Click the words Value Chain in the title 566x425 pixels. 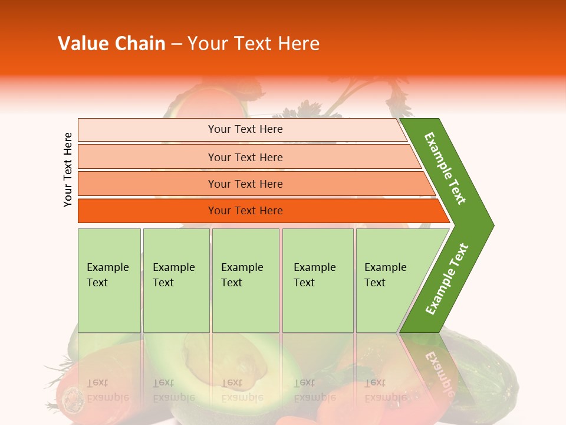click(111, 44)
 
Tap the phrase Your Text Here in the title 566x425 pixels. click(254, 44)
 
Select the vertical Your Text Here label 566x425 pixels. click(68, 170)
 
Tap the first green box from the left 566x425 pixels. click(109, 280)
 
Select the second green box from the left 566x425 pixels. click(176, 280)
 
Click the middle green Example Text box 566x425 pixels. click(245, 280)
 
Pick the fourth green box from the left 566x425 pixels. click(318, 280)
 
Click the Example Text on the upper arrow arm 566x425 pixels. click(445, 168)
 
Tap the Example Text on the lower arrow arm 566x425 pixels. click(446, 279)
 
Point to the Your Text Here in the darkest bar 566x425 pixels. click(245, 211)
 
